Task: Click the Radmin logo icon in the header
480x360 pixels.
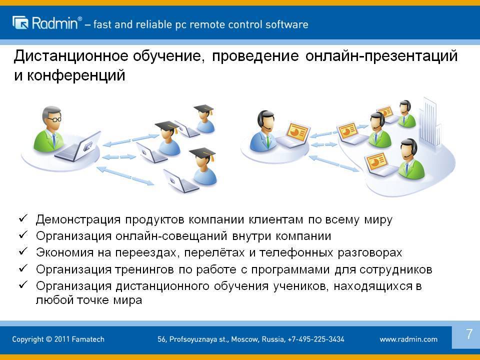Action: coord(20,22)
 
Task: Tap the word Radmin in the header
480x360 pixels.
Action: coord(55,23)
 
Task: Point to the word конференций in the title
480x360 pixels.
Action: coord(76,75)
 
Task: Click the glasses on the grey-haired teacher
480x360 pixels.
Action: coord(55,119)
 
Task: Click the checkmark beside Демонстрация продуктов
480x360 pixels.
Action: coord(23,218)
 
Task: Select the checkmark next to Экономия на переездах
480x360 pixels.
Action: coord(23,251)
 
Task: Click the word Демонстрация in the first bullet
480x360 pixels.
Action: coord(78,220)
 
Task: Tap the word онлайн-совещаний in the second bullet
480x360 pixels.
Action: coord(171,236)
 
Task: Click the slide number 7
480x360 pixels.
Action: coord(469,334)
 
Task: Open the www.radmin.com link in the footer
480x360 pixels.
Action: coord(408,339)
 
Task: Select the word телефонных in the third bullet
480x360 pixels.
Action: coord(296,253)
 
